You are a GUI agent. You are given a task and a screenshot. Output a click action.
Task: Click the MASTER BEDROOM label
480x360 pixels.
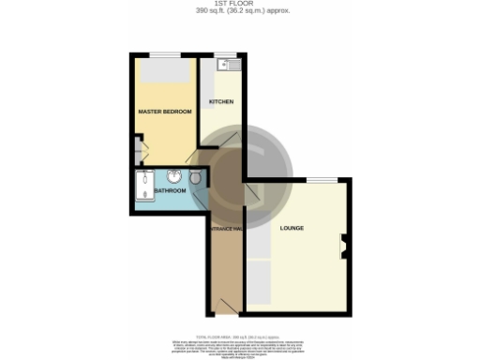(x=165, y=112)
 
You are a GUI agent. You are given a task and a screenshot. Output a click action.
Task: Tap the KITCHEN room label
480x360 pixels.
(x=221, y=101)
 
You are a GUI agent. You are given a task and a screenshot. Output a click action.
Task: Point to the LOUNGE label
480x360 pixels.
(x=292, y=228)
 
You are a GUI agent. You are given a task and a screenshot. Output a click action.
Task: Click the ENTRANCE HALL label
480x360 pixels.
(x=225, y=228)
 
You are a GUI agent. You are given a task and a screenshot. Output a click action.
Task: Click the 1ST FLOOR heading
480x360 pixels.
(x=239, y=4)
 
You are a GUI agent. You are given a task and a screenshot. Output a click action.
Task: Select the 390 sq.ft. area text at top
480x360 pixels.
(x=239, y=11)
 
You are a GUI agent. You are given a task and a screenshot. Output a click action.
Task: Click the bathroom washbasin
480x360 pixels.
(x=174, y=174)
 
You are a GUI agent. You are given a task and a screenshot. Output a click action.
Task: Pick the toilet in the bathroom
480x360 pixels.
(x=195, y=176)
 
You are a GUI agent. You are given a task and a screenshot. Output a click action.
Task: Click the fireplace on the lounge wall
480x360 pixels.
(x=343, y=247)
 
